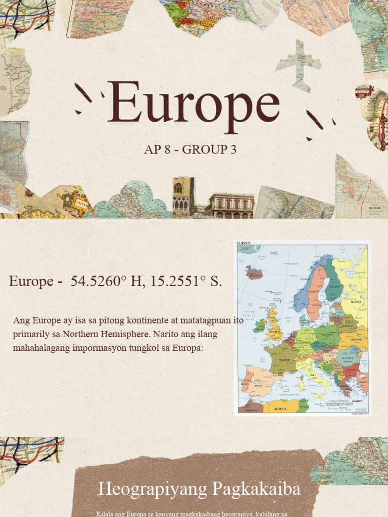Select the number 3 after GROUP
tap(233, 150)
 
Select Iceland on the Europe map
tap(254, 274)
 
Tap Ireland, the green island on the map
tap(260, 326)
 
